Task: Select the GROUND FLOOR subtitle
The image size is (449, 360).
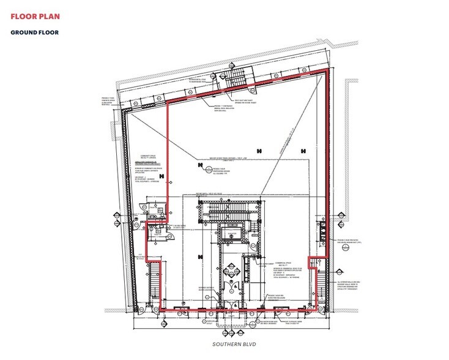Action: click(34, 32)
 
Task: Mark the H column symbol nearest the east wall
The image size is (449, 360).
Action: click(303, 151)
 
